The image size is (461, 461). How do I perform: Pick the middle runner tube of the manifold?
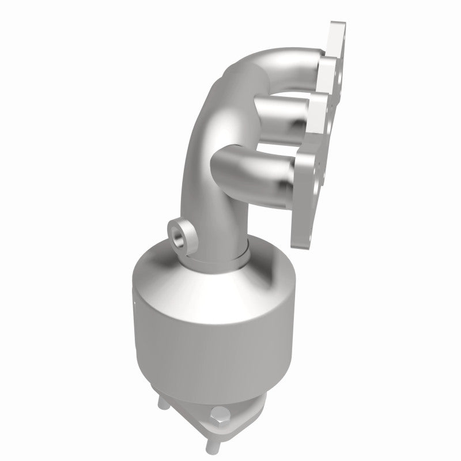pos(271,112)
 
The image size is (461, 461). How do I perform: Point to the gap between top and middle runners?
pos(288,86)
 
